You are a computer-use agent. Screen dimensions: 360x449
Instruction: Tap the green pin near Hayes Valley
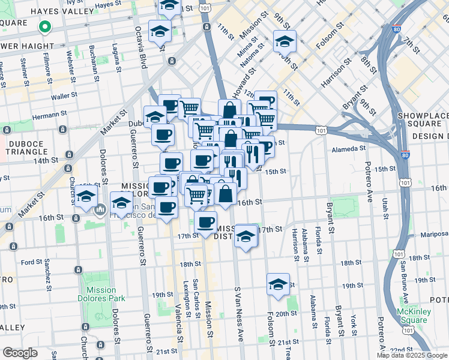(x=44, y=26)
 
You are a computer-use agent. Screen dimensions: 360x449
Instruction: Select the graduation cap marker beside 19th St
(x=278, y=285)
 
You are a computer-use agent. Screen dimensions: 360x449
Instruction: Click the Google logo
(x=20, y=353)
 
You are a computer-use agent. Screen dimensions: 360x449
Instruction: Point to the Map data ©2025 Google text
(x=411, y=355)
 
